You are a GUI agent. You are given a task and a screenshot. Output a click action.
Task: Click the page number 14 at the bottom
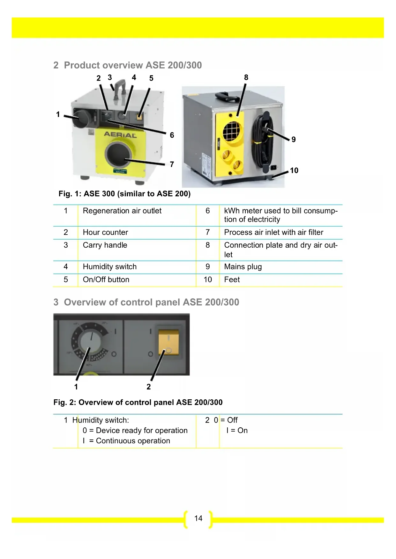[x=198, y=519]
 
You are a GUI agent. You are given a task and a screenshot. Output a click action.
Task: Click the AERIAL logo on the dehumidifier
[x=120, y=135]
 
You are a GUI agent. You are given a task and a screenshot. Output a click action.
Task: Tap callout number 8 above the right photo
[x=246, y=77]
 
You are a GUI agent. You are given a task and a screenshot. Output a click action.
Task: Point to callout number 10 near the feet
[x=294, y=171]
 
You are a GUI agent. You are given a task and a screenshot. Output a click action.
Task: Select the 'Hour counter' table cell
[x=105, y=232]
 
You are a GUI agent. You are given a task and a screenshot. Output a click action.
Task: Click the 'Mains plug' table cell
[x=243, y=267]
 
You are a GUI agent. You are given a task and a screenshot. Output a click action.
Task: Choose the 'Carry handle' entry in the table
[x=105, y=245]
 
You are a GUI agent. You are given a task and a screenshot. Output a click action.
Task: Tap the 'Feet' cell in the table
[x=232, y=279]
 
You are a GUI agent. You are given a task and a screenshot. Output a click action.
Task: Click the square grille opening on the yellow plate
[x=233, y=131]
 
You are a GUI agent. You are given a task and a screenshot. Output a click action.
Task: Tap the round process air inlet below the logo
[x=118, y=155]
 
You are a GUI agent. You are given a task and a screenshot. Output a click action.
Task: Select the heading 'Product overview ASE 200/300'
[x=133, y=65]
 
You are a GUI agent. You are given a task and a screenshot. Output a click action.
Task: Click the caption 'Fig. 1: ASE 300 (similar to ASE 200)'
[x=124, y=194]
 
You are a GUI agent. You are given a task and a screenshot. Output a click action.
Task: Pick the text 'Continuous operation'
[x=133, y=441]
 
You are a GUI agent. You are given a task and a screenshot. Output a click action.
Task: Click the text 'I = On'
[x=237, y=431]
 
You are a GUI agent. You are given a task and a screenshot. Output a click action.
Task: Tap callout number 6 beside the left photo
[x=172, y=135]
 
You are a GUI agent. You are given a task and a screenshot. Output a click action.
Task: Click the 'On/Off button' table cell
[x=106, y=279]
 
